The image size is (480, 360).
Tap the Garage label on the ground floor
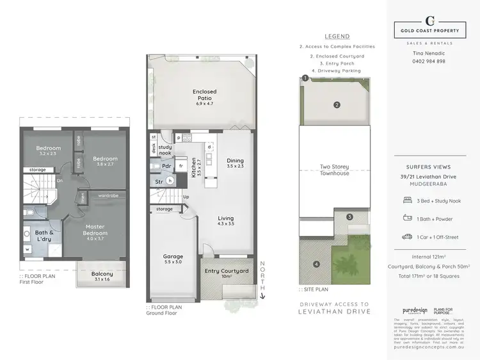click(173, 259)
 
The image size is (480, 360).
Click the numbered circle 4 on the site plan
click(316, 263)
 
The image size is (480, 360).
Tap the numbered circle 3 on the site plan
click(349, 217)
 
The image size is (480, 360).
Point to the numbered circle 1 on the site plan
click(305, 78)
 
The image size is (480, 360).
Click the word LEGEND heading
click(337, 37)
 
